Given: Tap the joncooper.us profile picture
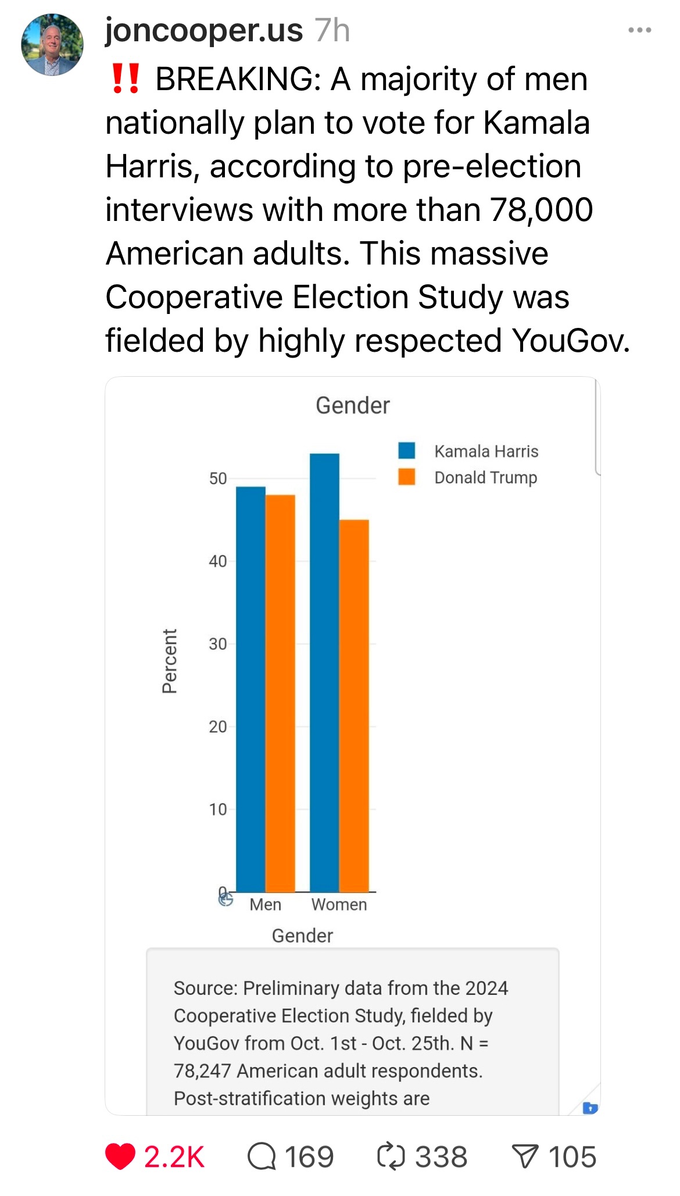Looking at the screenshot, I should coord(52,45).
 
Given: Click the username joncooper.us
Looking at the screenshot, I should coord(203,30).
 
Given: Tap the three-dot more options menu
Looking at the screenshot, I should coord(639,30).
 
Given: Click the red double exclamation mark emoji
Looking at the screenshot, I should coord(125,79).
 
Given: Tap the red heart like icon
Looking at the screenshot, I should coord(120,1156).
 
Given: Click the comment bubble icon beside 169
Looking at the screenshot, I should coord(262,1156).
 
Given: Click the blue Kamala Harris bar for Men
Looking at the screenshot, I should coord(250,689).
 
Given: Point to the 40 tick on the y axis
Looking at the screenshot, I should coord(218,561).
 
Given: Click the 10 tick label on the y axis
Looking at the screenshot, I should coord(218,809).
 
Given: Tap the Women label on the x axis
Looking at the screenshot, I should coord(339,905).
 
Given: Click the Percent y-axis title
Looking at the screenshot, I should coord(169,661).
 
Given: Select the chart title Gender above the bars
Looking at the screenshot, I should coord(352,405).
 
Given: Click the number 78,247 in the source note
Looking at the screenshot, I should coord(202,1070).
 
